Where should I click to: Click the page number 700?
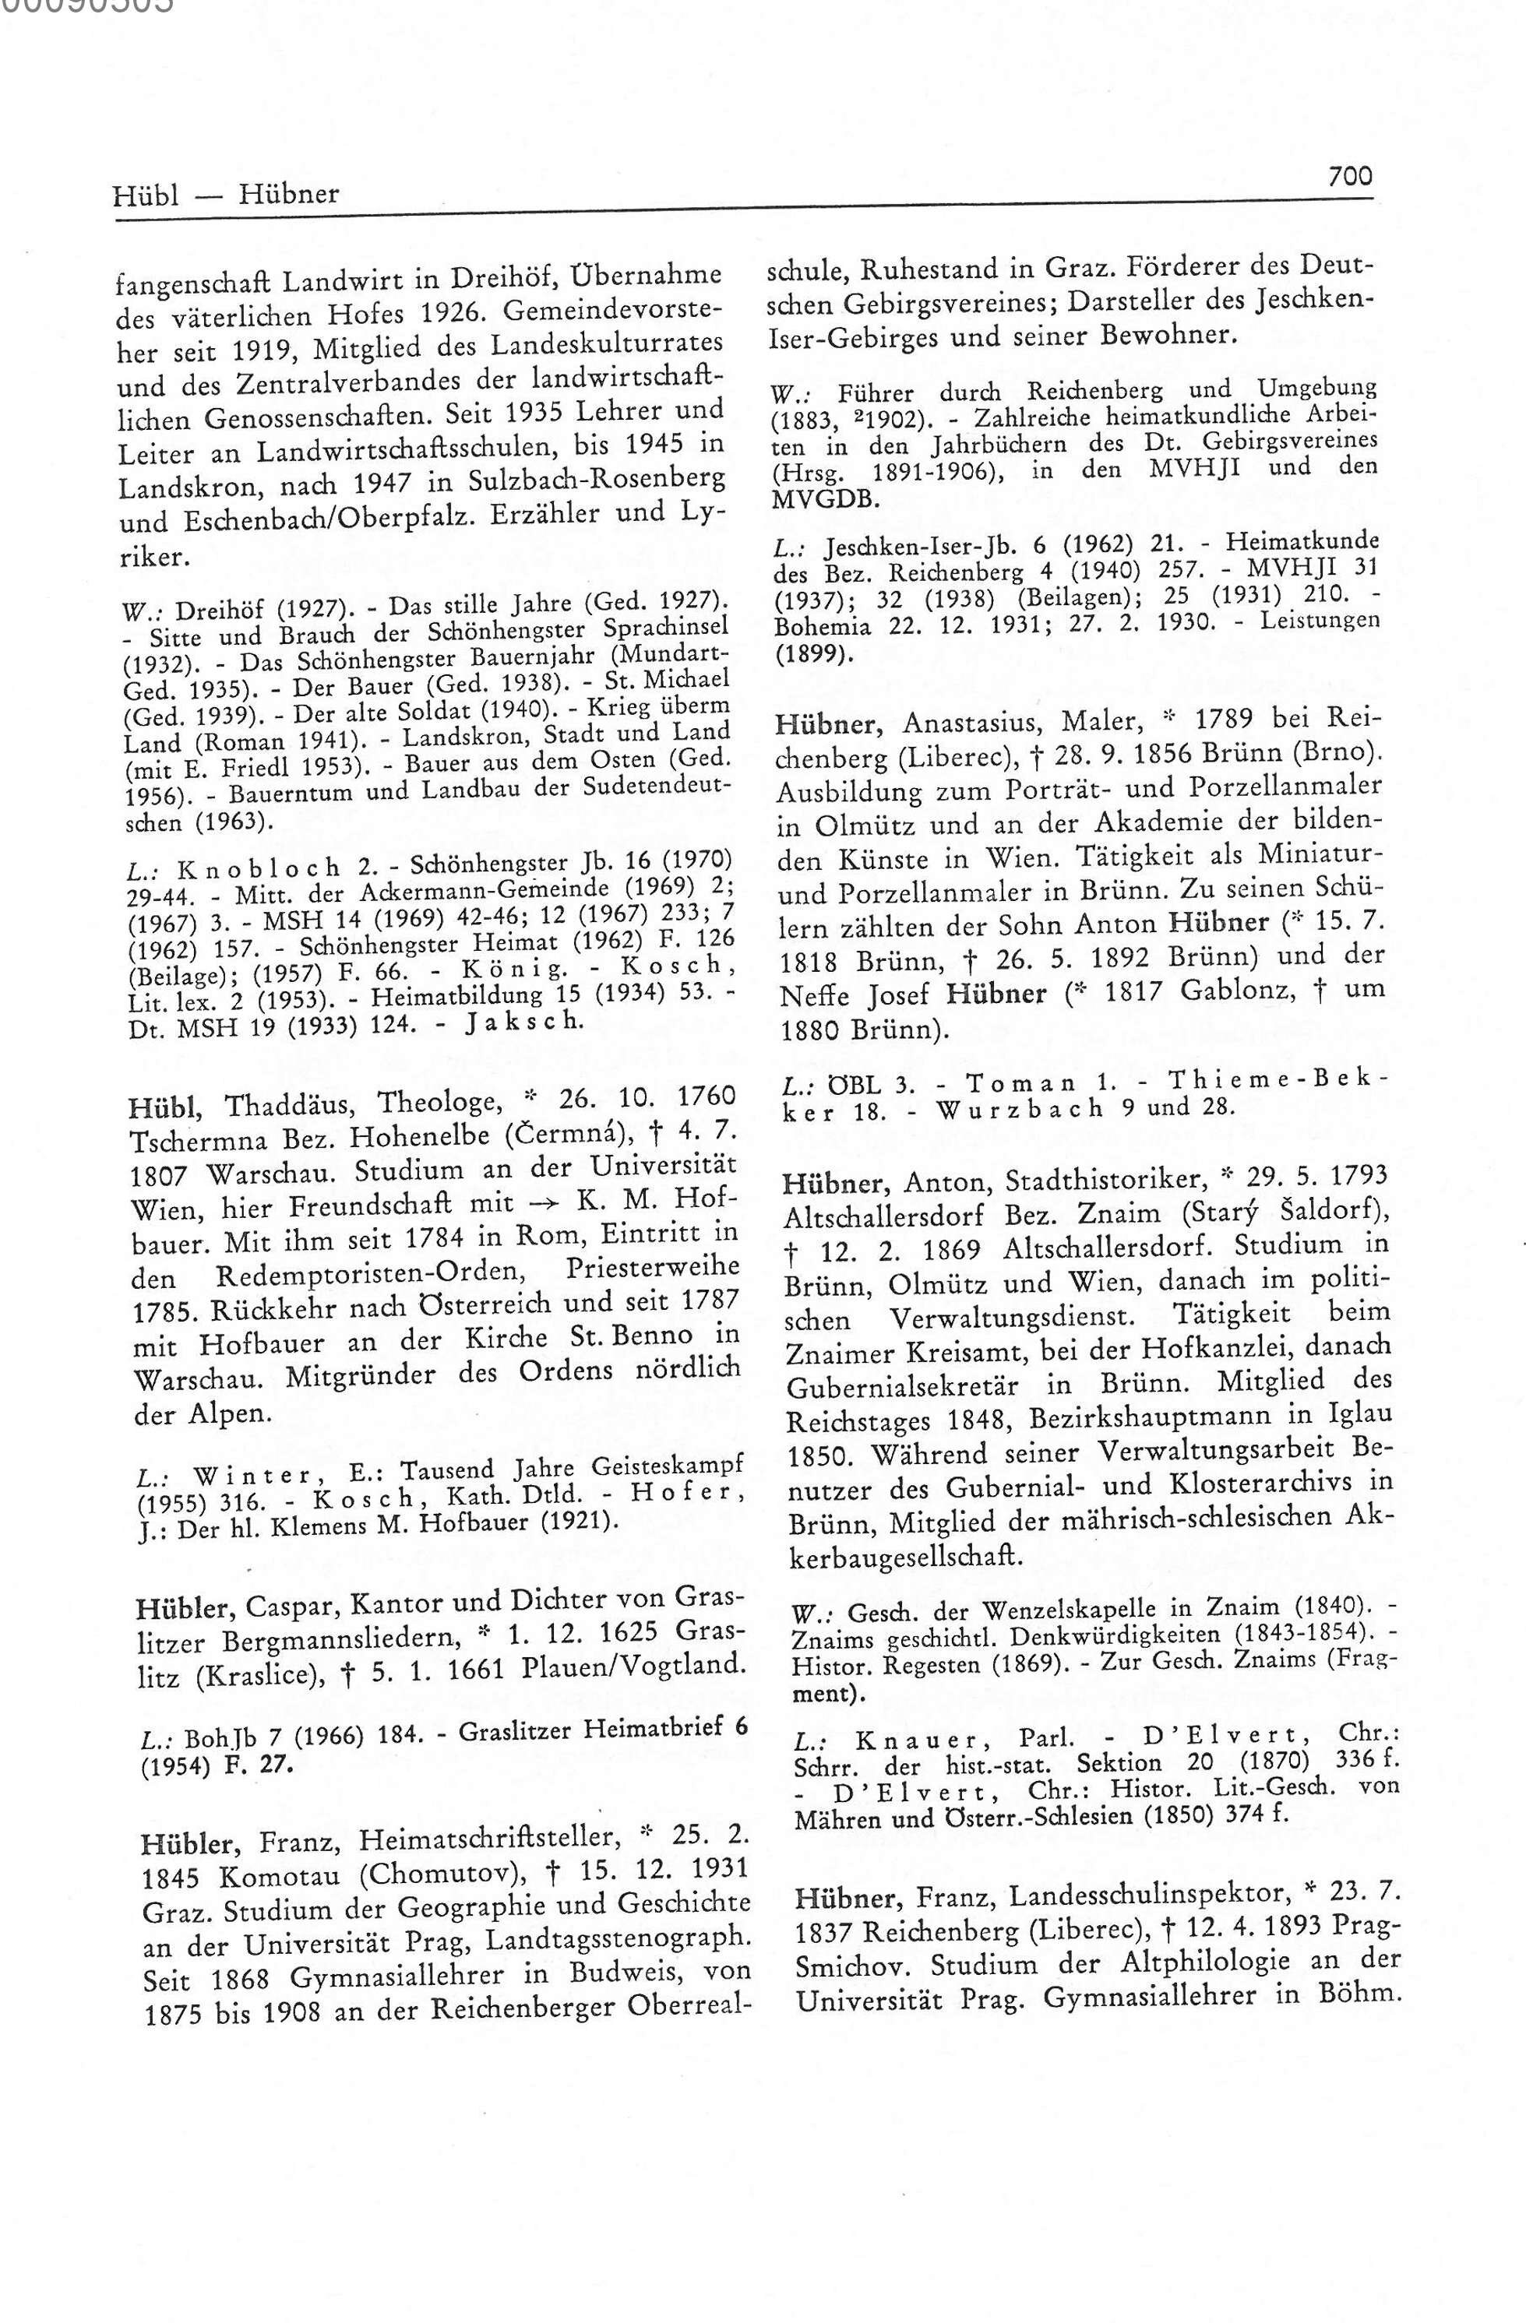pyautogui.click(x=1349, y=177)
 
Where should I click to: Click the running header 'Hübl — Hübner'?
pyautogui.click(x=226, y=194)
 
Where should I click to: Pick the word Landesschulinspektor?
pyautogui.click(x=1148, y=1895)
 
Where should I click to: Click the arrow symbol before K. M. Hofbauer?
pyautogui.click(x=539, y=1202)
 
